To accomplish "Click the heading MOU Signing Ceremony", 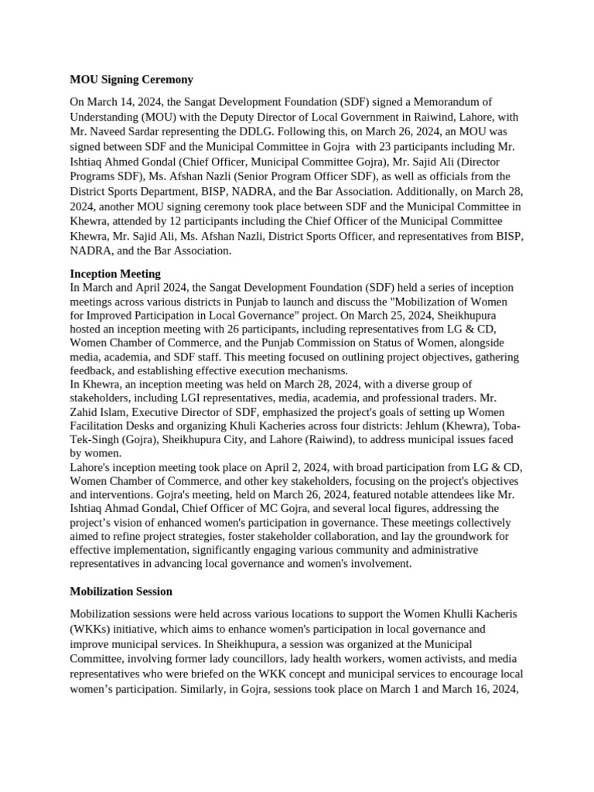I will pyautogui.click(x=131, y=80).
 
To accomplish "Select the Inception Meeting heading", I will pyautogui.click(x=115, y=274).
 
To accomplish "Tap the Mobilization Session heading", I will pyautogui.click(x=121, y=592).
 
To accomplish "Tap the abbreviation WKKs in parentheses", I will pyautogui.click(x=90, y=629).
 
